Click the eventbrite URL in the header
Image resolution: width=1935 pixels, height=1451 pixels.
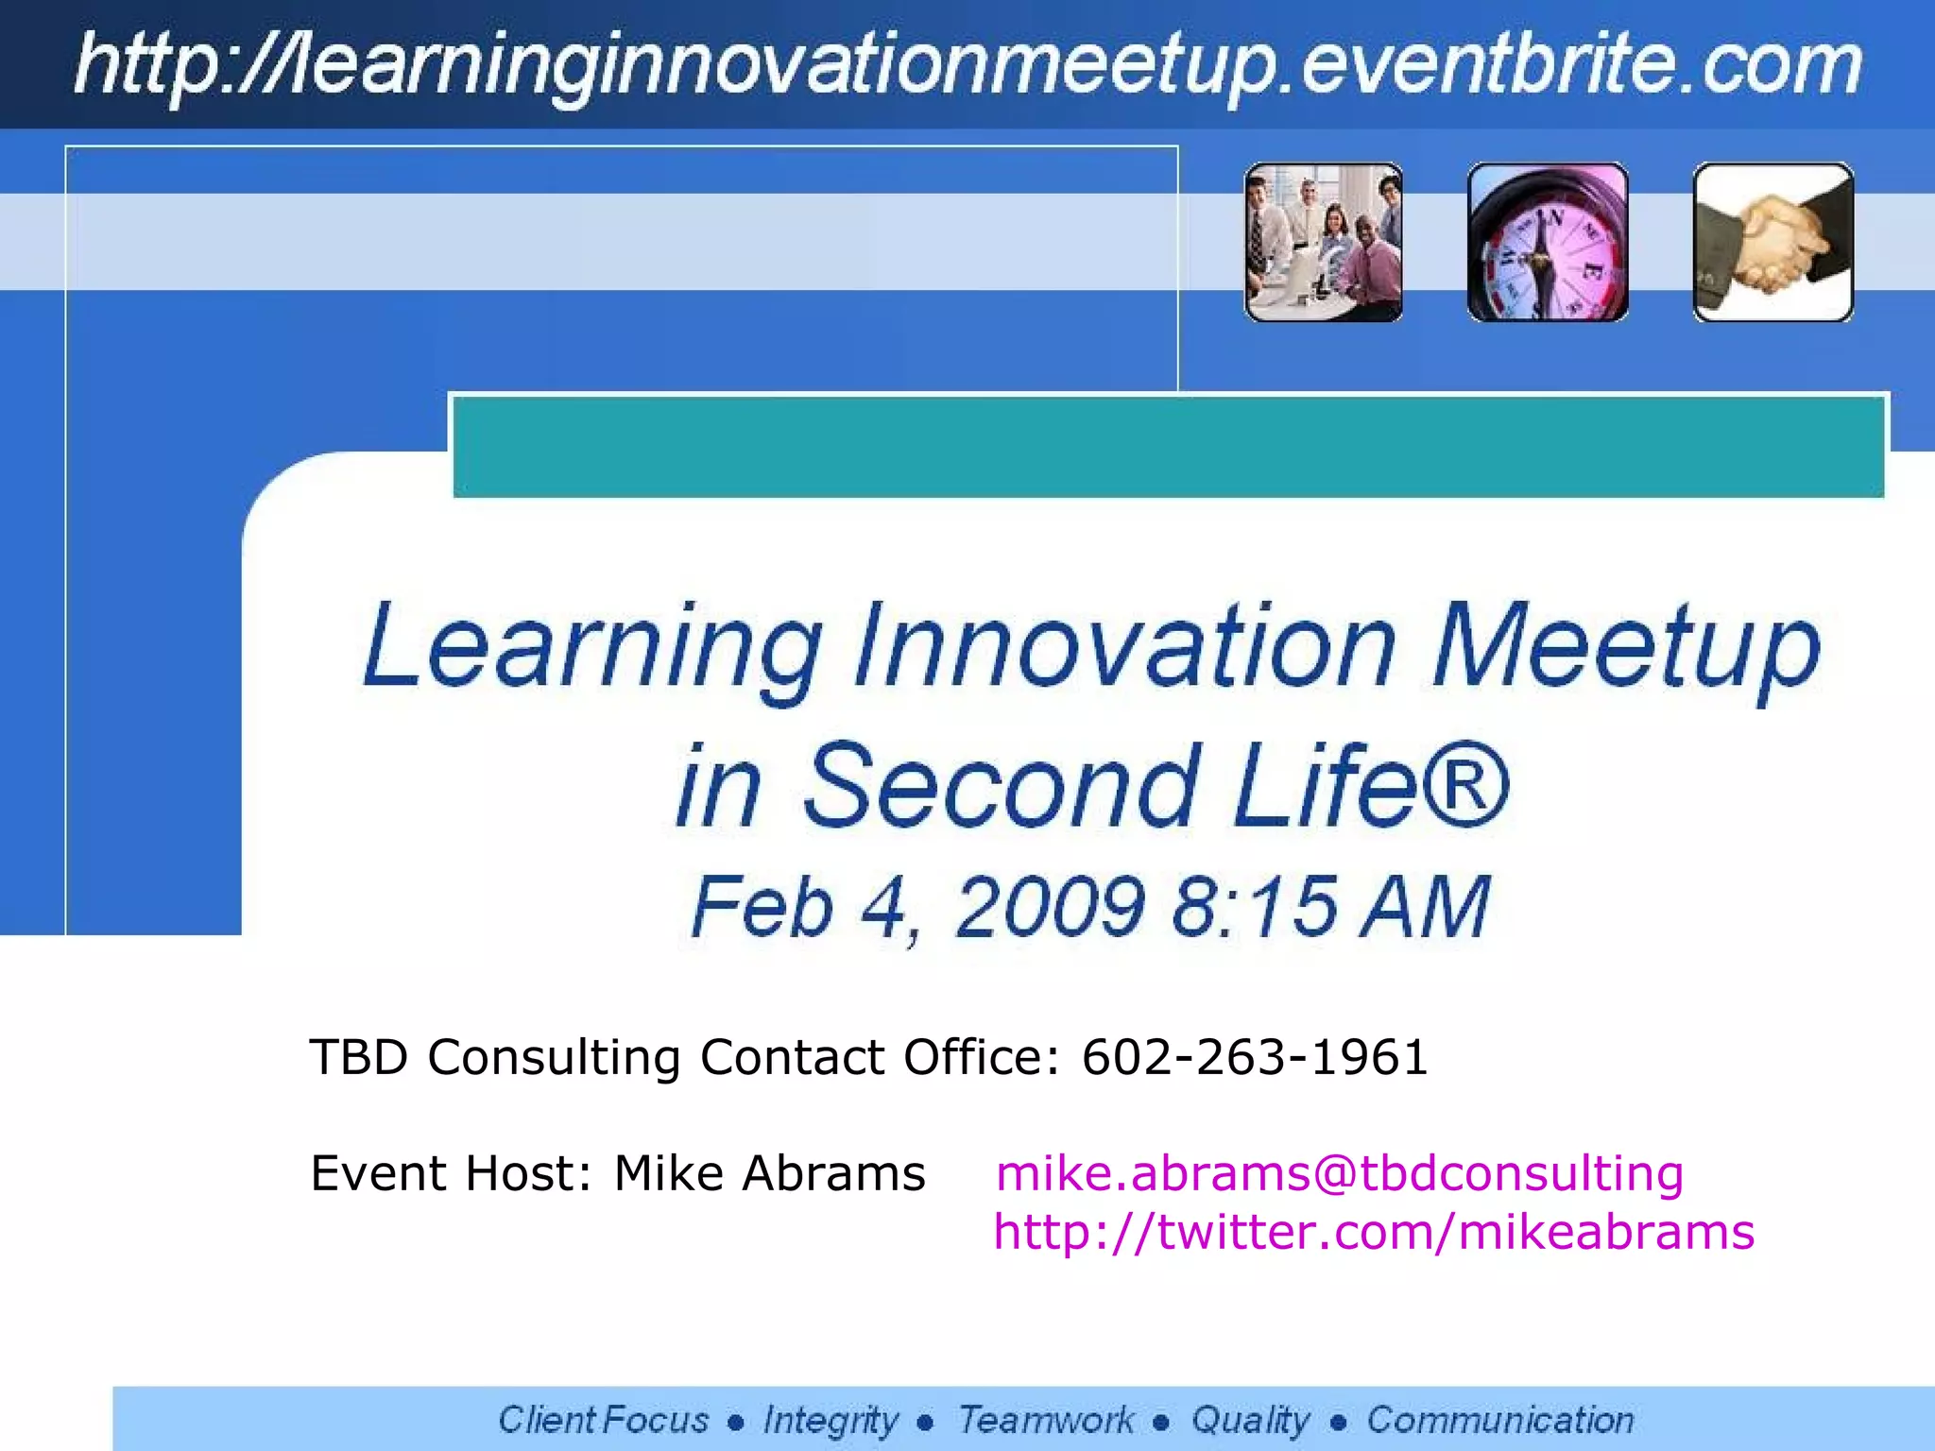(967, 64)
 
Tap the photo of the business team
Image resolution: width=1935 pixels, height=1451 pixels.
(1323, 243)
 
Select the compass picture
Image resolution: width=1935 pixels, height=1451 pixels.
(1548, 243)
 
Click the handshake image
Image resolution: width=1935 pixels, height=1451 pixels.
(1772, 243)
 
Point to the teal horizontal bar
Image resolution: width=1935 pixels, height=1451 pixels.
(1168, 447)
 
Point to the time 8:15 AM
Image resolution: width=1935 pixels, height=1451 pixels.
(1330, 907)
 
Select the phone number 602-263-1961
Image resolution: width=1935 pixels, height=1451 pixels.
(1254, 1057)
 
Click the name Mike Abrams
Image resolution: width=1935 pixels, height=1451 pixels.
(769, 1173)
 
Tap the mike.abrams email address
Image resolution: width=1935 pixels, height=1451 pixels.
(1339, 1173)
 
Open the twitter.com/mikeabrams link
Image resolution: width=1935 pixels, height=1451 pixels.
(1373, 1233)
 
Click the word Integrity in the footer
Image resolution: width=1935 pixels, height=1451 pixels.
(831, 1420)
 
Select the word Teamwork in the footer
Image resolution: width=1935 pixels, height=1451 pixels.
(1046, 1420)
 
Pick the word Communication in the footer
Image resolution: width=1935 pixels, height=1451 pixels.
(1499, 1420)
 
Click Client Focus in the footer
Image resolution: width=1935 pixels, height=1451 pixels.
(603, 1420)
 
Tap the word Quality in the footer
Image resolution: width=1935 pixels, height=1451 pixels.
(1250, 1420)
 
